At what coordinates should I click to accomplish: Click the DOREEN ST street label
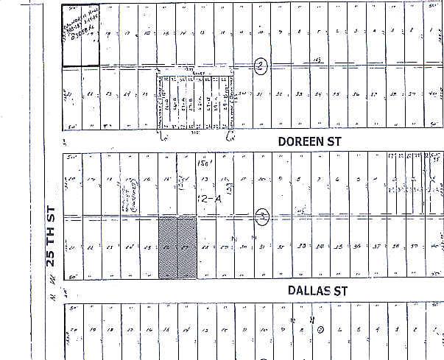point(311,139)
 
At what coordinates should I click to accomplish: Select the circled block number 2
point(260,65)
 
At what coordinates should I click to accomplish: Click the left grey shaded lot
point(169,247)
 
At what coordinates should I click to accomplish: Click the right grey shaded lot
point(187,247)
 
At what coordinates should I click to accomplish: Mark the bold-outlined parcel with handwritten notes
point(80,35)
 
